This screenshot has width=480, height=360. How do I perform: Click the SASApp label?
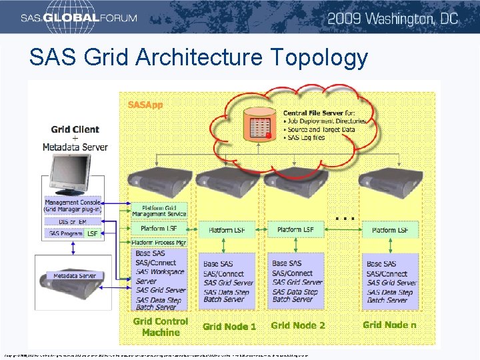145,105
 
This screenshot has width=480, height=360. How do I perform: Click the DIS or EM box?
72,222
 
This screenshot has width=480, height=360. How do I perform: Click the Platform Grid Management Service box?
159,211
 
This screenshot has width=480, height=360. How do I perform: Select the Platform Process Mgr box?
159,243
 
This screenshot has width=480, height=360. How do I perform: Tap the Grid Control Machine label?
160,327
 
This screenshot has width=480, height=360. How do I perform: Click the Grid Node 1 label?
229,327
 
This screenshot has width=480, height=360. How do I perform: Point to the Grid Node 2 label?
297,325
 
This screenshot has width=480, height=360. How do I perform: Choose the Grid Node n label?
389,325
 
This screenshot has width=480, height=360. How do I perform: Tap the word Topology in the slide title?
319,58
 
